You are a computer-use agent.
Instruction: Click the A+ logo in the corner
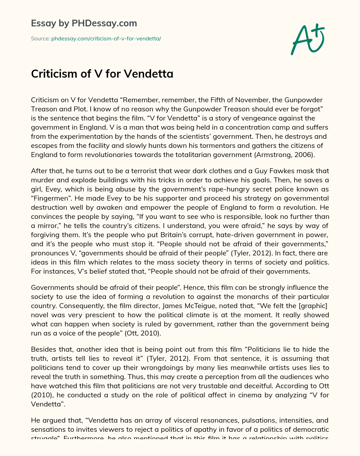click(x=308, y=39)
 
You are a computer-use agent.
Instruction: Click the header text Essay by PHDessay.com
click(x=84, y=23)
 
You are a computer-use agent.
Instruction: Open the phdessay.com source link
click(x=106, y=39)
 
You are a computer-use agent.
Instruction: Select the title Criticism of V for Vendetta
click(x=102, y=74)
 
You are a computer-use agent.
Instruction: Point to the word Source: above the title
click(x=40, y=39)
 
